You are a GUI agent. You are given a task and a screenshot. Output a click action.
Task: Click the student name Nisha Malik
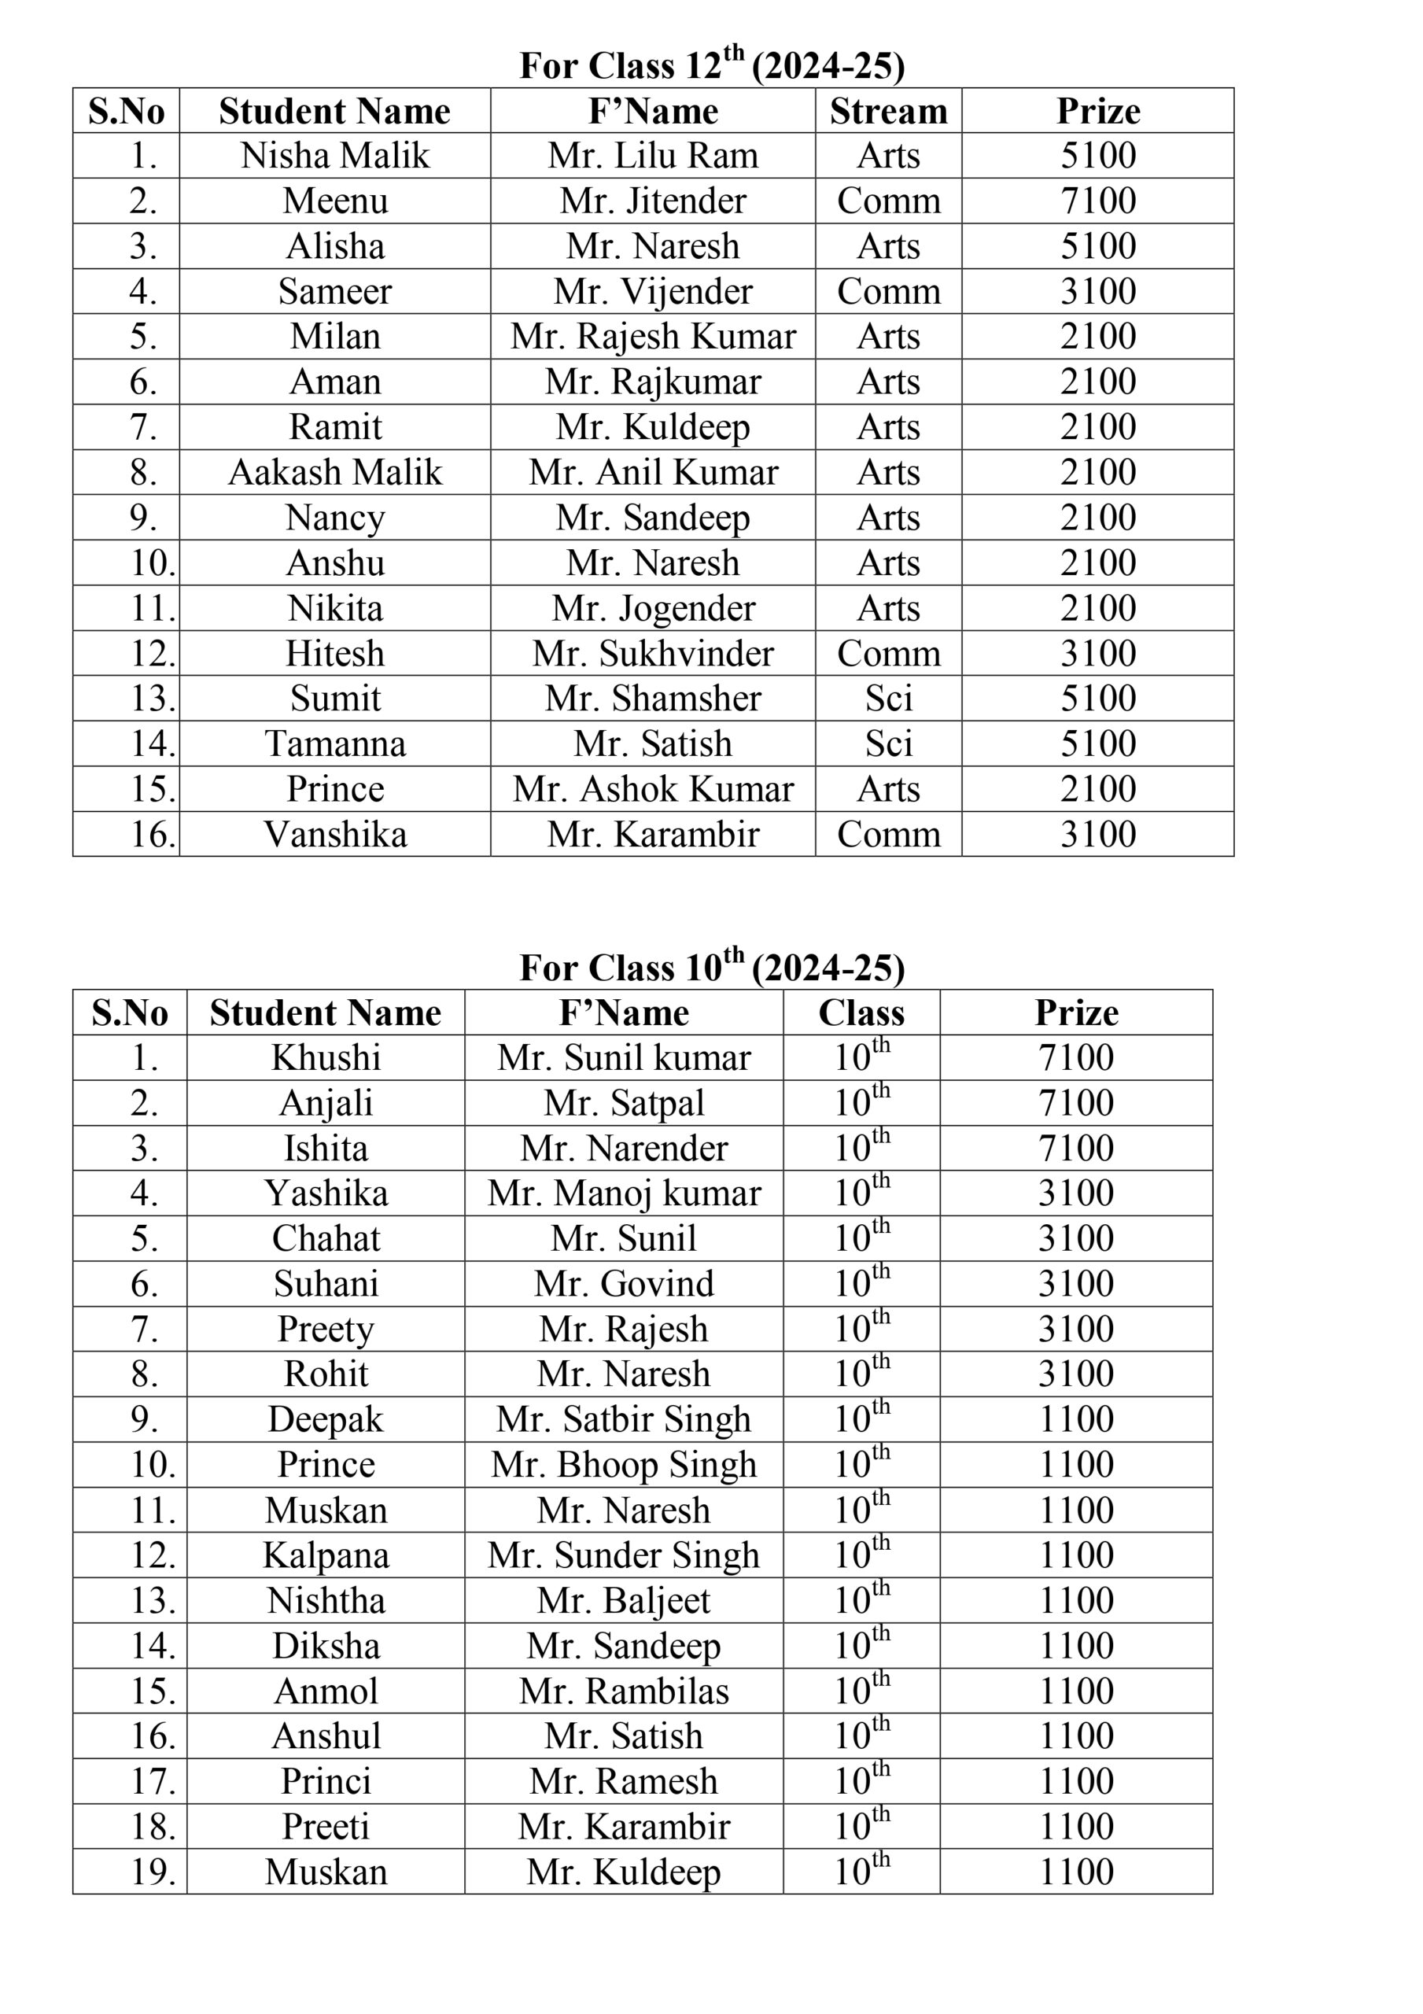pos(335,156)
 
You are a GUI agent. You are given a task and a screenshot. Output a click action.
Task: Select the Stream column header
pos(888,112)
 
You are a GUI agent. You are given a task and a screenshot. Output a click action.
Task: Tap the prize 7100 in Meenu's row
pos(1097,201)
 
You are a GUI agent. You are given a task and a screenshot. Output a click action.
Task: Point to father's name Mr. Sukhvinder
pos(653,654)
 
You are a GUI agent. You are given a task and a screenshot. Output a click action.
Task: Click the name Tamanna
pos(335,744)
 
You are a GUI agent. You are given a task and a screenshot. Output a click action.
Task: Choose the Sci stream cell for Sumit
pos(888,699)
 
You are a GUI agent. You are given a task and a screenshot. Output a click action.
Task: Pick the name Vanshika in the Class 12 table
pos(335,834)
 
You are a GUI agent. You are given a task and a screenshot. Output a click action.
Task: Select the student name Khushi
pos(326,1058)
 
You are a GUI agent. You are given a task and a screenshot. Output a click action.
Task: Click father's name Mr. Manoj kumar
pos(624,1193)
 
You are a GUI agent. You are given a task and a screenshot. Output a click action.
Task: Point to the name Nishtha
pos(326,1601)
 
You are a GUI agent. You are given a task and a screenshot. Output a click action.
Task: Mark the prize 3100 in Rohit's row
pos(1075,1374)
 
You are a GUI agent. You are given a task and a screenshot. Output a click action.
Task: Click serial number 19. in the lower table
pos(153,1872)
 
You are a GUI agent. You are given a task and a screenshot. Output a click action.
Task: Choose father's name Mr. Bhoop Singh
pos(624,1465)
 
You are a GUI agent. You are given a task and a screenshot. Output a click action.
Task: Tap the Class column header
pos(861,1013)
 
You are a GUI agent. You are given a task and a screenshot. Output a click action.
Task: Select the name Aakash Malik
pos(335,473)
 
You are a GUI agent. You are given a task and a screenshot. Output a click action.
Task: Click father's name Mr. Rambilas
pos(624,1691)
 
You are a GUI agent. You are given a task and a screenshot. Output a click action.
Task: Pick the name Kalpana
pos(326,1555)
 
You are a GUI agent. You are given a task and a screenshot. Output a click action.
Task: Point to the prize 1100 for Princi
pos(1075,1782)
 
